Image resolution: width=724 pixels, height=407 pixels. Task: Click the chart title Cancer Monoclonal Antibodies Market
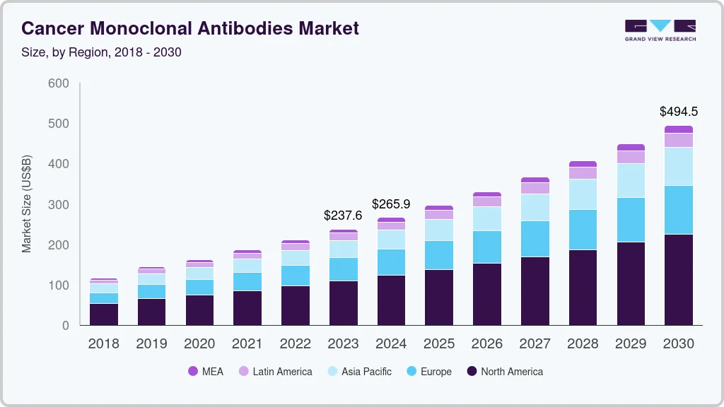tap(190, 28)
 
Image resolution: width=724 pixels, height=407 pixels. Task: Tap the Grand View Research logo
tap(660, 30)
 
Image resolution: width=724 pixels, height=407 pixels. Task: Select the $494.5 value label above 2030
tap(678, 112)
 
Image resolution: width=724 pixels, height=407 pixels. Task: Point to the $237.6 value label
tap(342, 216)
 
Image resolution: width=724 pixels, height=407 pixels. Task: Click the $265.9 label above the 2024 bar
tap(391, 203)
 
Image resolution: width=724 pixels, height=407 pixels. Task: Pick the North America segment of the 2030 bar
tap(678, 279)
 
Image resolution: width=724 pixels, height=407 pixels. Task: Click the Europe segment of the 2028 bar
tap(582, 230)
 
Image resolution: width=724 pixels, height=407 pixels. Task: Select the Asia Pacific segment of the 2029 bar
tap(630, 181)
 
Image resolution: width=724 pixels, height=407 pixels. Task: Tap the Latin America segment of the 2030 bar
tap(678, 140)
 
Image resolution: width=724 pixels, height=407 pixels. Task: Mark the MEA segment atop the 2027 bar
tap(535, 180)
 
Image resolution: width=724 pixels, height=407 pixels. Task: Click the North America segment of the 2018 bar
tap(104, 314)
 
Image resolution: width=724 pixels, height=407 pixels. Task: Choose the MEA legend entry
tap(206, 371)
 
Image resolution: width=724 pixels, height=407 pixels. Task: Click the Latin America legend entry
tap(275, 371)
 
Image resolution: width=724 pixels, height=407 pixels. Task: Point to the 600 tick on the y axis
tap(59, 83)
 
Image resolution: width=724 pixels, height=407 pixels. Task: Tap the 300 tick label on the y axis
tap(59, 205)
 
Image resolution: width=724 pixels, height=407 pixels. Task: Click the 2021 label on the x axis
tap(247, 344)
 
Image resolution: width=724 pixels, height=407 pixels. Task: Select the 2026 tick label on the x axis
tap(486, 344)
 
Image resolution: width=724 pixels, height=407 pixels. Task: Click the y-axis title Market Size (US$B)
tap(27, 203)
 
